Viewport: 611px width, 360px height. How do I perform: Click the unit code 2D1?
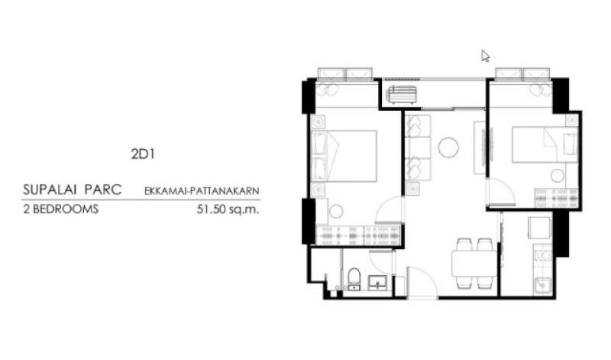point(143,154)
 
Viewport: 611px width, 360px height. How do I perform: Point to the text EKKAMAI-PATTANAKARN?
point(202,191)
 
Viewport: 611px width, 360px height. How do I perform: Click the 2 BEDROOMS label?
point(61,209)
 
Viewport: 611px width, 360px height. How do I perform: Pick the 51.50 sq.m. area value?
point(228,209)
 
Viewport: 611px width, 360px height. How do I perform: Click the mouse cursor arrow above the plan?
point(485,56)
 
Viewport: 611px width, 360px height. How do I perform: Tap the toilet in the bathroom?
point(354,278)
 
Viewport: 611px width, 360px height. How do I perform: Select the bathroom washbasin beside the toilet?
point(377,282)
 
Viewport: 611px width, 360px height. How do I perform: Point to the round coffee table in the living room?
point(448,148)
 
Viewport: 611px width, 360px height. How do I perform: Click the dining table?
point(474,264)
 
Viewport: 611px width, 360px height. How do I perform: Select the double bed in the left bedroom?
point(344,156)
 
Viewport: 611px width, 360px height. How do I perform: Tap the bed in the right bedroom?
point(545,144)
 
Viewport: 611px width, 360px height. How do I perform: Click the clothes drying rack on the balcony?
point(402,95)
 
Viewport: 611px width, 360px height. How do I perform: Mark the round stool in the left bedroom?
point(336,212)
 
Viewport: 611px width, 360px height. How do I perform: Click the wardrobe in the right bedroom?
point(556,198)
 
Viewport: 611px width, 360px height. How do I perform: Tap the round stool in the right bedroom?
point(558,176)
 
